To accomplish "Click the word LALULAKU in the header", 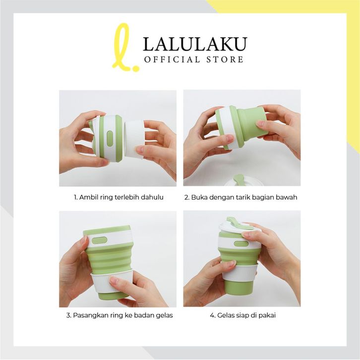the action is (195, 44).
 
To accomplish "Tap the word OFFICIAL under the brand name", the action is (172, 60).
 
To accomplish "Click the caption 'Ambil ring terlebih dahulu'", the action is (121, 197).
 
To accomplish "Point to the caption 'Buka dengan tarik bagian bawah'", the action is (244, 197).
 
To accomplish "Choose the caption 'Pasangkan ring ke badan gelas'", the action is (123, 315).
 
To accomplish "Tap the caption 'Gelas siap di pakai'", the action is (246, 315).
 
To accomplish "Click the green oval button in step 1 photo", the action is (110, 139).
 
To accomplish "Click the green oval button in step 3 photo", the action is (99, 241).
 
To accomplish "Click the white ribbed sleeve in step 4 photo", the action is (239, 274).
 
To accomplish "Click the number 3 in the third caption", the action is (68, 315).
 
